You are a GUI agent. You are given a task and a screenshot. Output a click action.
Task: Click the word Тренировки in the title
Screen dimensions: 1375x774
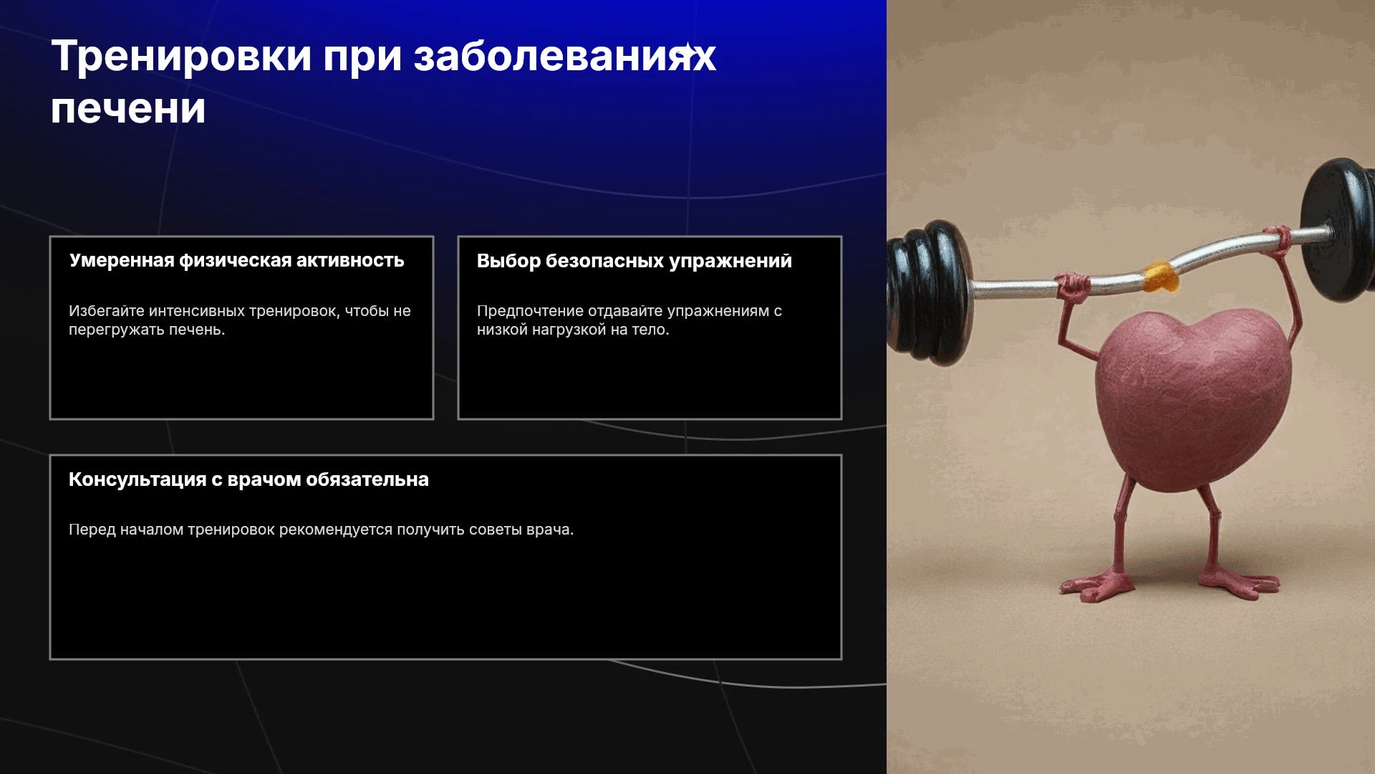point(182,56)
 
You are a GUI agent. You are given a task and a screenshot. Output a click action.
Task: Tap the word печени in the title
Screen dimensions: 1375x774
point(128,110)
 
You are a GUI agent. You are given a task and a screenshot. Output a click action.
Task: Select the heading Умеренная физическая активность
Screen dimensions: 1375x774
point(237,261)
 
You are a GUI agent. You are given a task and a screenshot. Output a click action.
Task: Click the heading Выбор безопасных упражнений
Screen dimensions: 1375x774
point(635,262)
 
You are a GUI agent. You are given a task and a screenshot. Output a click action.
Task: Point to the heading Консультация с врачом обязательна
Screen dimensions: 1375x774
point(249,479)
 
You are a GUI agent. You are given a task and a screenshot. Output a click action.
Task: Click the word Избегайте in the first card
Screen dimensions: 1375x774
point(107,311)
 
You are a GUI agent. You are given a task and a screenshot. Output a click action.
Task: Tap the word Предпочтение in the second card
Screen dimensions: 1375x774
point(530,312)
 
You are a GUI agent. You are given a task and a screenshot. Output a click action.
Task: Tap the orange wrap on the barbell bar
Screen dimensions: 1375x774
point(1160,277)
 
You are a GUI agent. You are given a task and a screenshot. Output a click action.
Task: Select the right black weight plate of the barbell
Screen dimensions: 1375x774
point(1338,229)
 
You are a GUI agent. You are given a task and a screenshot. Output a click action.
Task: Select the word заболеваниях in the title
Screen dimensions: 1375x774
point(565,57)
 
